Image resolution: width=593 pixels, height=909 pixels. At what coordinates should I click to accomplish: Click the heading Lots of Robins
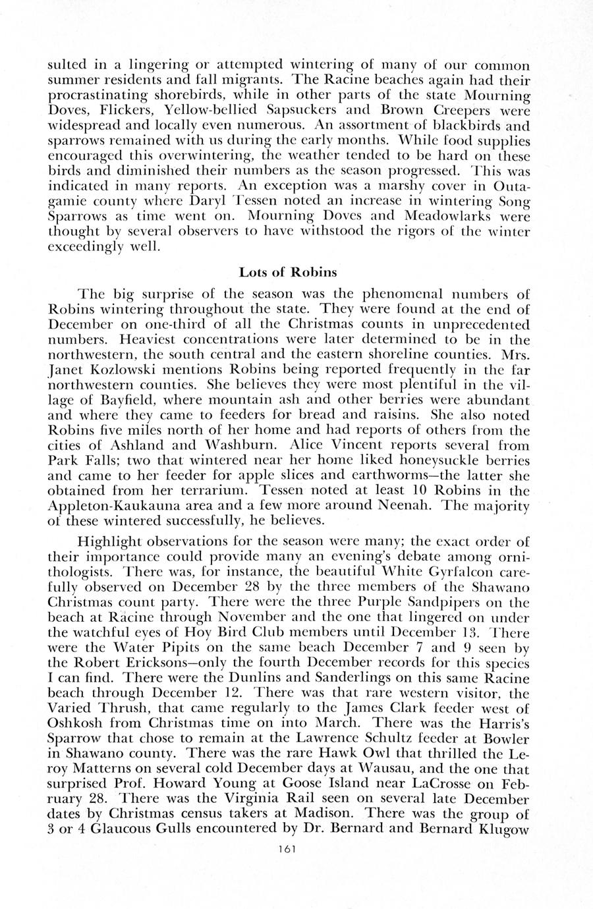coord(288,271)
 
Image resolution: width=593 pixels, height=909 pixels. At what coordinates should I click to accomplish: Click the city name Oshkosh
coord(75,718)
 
